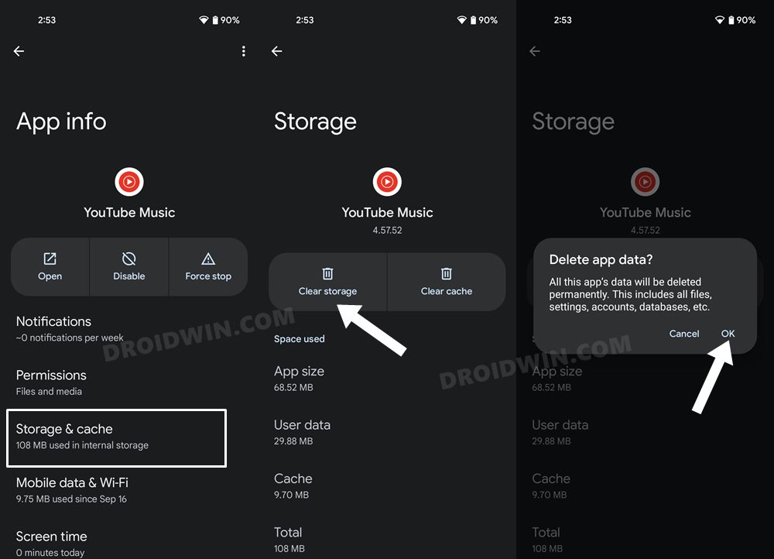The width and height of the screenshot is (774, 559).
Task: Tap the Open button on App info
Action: click(x=50, y=266)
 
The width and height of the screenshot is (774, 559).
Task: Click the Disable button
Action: click(x=129, y=266)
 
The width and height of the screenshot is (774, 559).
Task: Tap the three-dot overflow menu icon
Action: click(x=243, y=51)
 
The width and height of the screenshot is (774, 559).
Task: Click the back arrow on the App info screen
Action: click(x=19, y=51)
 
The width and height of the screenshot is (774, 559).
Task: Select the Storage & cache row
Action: click(x=116, y=437)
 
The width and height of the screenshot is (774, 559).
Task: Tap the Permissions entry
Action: click(x=51, y=382)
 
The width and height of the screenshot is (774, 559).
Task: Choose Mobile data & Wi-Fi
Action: click(x=72, y=489)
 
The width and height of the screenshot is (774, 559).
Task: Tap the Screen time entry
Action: click(x=52, y=543)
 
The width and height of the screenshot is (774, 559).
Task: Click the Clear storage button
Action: click(x=327, y=282)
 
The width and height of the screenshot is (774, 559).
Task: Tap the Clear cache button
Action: click(x=447, y=282)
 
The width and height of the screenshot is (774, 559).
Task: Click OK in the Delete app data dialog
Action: click(x=728, y=334)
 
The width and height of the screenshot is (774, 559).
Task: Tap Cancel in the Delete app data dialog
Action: click(x=684, y=334)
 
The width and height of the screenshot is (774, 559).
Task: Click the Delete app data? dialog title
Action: click(x=601, y=259)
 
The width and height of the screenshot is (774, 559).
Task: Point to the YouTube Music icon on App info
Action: click(x=129, y=182)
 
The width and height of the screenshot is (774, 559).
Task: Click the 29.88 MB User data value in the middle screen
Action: click(x=293, y=441)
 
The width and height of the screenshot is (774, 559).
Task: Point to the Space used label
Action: click(x=300, y=339)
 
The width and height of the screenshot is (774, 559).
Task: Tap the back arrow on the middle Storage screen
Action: click(x=277, y=51)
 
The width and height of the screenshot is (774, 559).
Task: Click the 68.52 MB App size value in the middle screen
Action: click(x=293, y=387)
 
